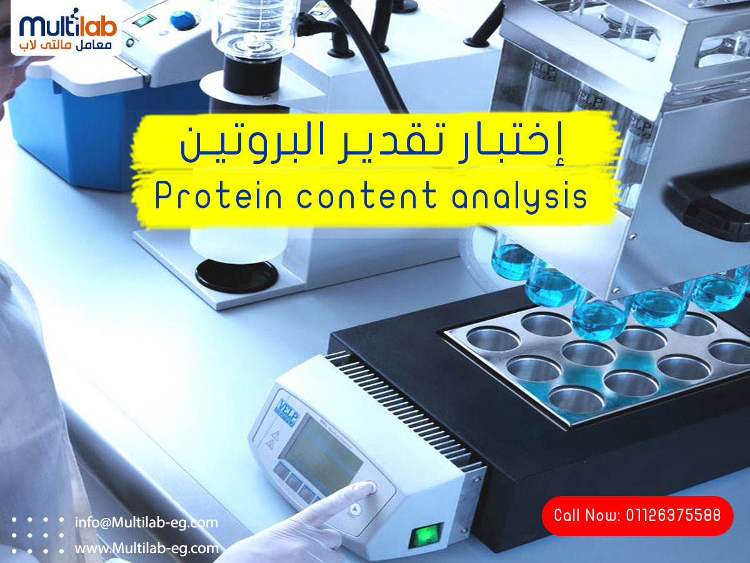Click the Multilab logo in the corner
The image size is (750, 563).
click(x=66, y=28)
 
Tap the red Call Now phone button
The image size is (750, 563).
click(x=637, y=515)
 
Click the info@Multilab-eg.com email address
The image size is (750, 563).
click(x=146, y=523)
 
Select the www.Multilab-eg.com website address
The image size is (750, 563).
click(x=147, y=549)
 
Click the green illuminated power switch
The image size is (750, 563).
click(x=426, y=535)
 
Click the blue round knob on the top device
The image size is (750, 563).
click(x=184, y=19)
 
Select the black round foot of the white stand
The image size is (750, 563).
click(x=236, y=275)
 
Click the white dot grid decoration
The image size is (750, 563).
click(x=37, y=535)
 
